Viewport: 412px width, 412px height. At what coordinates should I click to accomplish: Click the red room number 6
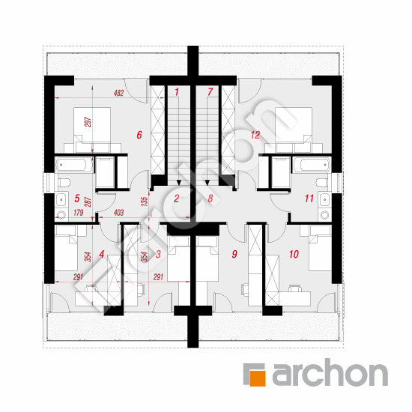[139, 135]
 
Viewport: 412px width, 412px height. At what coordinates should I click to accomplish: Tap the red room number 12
[255, 135]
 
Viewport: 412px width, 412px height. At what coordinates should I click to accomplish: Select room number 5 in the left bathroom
[76, 199]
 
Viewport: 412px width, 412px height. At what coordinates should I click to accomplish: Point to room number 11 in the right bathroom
[309, 199]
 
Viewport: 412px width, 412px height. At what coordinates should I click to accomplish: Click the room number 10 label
[294, 254]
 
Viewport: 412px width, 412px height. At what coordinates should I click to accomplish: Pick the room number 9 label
[234, 254]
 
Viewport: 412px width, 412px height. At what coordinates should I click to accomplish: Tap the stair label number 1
[177, 92]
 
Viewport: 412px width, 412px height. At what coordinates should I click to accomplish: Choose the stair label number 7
[210, 92]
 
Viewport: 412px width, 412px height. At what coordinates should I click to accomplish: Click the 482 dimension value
[118, 93]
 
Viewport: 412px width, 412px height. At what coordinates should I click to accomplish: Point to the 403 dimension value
[118, 212]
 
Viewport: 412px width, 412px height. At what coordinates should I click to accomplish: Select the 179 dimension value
[79, 212]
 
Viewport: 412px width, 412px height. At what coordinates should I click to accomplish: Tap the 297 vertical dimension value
[88, 122]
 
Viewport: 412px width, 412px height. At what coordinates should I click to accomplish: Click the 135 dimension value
[145, 202]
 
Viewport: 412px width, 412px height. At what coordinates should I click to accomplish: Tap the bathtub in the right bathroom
[312, 165]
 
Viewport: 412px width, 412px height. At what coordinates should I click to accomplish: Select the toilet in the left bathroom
[64, 183]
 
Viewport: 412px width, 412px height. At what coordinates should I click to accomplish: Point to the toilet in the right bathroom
[322, 182]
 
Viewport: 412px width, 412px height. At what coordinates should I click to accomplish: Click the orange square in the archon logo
[257, 378]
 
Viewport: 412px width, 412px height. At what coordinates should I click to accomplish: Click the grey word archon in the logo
[330, 372]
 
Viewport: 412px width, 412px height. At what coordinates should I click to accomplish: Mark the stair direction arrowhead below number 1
[179, 183]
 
